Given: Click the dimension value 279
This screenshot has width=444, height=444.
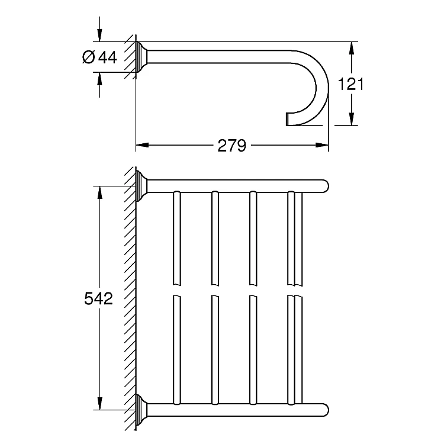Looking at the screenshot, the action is tap(231, 146).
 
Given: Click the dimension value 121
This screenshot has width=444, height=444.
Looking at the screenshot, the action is tap(351, 84).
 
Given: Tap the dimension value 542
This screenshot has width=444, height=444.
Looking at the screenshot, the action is tap(98, 298).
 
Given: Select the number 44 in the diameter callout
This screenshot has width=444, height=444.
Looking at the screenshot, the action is tap(107, 57).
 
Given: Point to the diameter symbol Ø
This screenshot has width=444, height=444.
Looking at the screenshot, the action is tap(88, 57).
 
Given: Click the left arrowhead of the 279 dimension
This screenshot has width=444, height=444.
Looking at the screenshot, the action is tap(142, 145).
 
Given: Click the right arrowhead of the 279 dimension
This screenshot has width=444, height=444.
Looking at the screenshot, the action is tap(322, 145).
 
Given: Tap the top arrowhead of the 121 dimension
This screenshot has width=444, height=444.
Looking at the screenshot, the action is tap(351, 48).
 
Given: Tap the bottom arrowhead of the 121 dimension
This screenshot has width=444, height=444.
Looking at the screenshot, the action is tap(351, 119).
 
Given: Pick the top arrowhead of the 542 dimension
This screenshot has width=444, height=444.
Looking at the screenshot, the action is tap(99, 192).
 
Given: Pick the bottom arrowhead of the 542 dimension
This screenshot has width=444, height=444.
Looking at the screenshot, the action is tap(99, 403).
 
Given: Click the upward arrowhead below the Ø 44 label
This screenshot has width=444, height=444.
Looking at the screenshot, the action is tap(99, 79).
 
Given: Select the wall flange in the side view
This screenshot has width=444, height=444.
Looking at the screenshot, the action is tap(141, 57).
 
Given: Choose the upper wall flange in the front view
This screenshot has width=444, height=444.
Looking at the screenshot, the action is tap(141, 186).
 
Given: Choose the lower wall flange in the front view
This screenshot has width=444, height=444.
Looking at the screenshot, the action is tap(141, 410).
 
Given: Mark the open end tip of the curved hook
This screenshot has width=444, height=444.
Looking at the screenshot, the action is tap(287, 119).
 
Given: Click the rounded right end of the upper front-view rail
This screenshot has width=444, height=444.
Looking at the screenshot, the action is tap(326, 186).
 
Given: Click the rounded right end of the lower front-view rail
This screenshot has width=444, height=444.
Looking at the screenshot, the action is tap(326, 410).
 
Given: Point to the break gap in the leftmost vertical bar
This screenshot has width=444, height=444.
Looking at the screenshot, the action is tap(176, 290).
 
